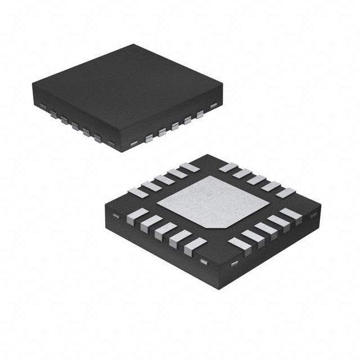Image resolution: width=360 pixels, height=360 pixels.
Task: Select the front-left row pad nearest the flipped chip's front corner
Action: (x=195, y=246)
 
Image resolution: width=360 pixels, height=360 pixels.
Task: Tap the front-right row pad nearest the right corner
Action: (x=291, y=214)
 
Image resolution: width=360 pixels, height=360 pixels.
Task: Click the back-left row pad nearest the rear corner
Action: (x=190, y=167)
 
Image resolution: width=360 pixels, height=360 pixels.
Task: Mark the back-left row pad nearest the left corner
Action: (x=138, y=192)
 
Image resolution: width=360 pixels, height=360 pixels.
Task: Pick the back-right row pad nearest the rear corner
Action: (x=228, y=167)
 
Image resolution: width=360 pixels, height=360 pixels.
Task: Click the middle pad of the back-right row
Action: (x=256, y=180)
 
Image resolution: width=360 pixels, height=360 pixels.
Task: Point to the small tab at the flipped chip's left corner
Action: (x=114, y=215)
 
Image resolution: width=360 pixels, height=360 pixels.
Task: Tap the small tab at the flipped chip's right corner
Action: (x=313, y=213)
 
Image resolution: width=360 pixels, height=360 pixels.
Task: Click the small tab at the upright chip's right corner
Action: (x=214, y=105)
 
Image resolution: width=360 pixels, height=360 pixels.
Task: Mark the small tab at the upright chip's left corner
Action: (x=42, y=106)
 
